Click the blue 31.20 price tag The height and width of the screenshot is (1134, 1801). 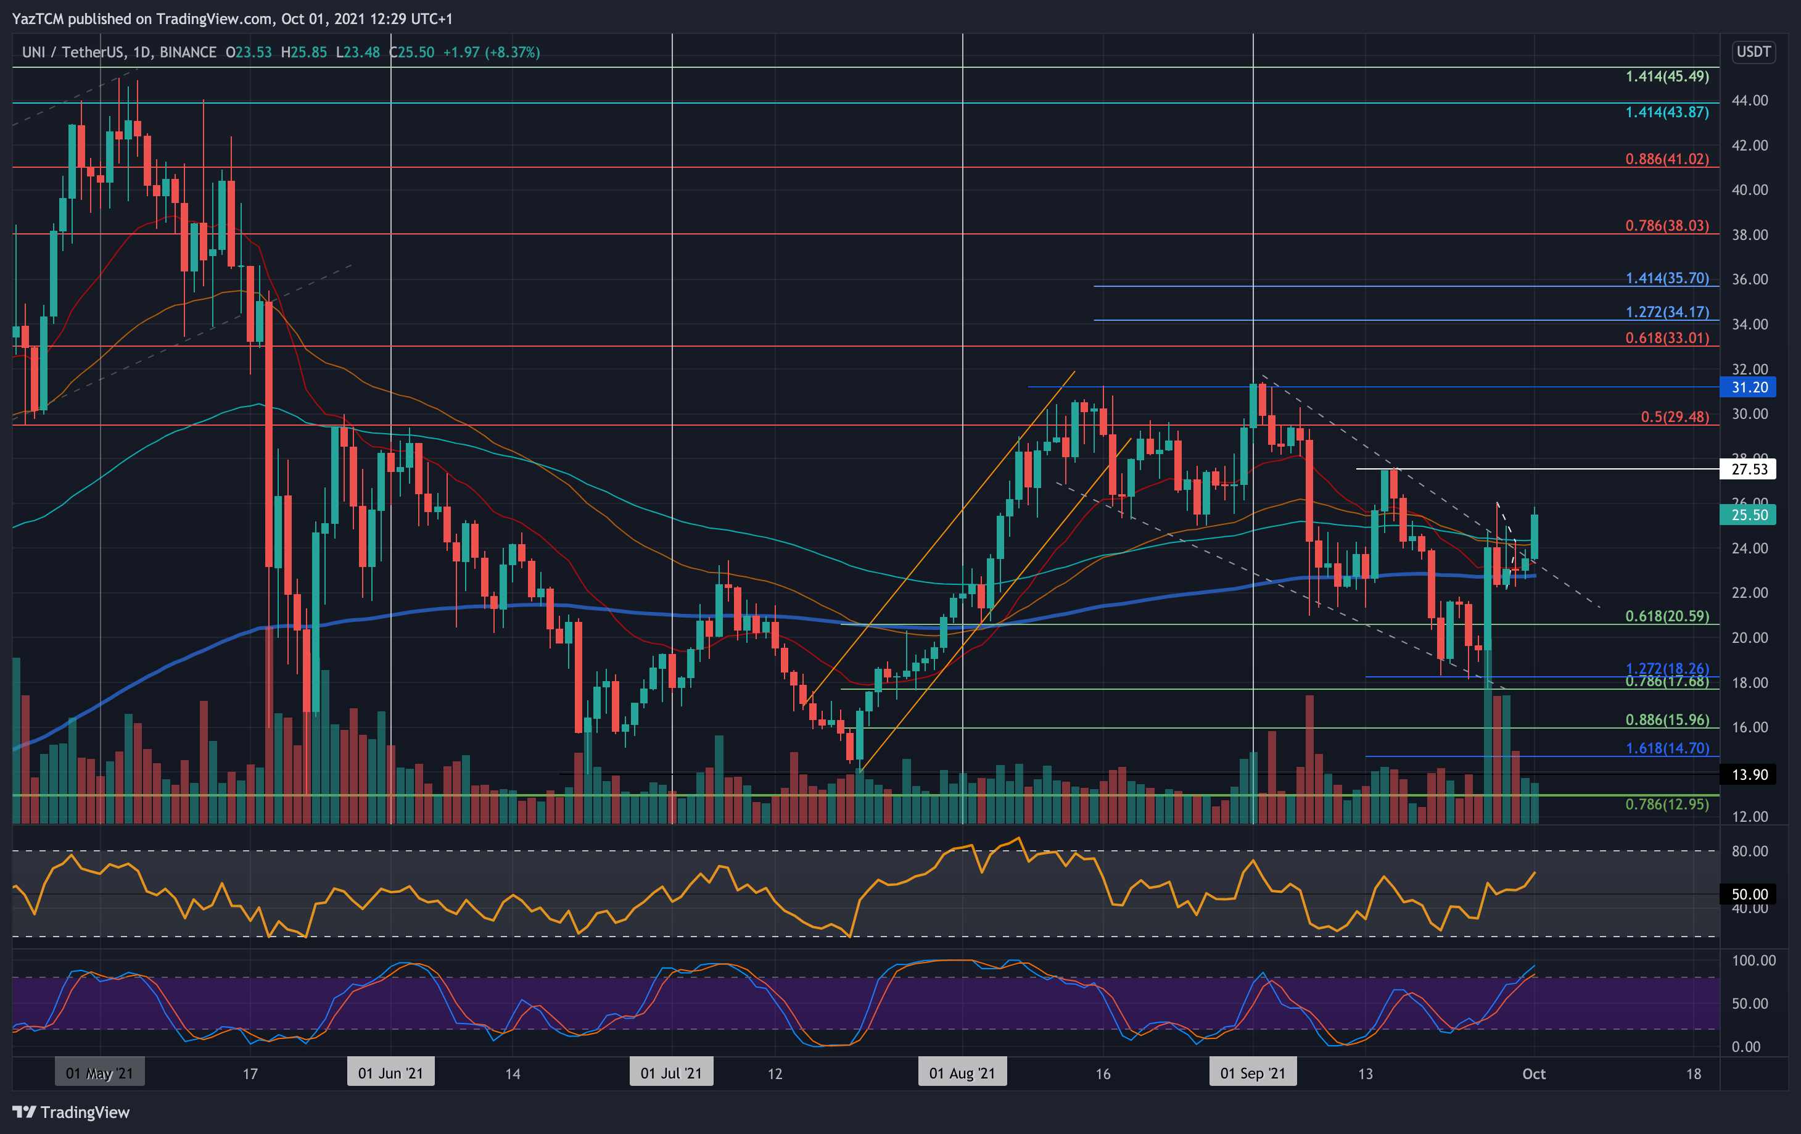pos(1749,387)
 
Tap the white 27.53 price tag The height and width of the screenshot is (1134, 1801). pos(1749,469)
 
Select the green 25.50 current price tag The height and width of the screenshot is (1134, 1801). pos(1749,515)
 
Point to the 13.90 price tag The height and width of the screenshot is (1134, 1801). pos(1749,774)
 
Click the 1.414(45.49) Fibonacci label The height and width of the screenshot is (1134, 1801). pos(1667,77)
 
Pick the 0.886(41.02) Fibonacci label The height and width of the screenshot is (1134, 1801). pos(1667,159)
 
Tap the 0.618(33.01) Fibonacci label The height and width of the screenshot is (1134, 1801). pos(1667,338)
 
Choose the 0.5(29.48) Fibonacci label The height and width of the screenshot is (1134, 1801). pos(1674,416)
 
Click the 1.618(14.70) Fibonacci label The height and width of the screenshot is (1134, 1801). pos(1667,748)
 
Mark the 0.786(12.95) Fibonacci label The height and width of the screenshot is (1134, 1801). pos(1667,804)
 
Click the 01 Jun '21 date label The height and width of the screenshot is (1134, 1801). pos(390,1074)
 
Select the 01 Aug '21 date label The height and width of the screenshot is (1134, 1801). pos(962,1074)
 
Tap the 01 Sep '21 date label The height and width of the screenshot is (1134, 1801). pos(1253,1074)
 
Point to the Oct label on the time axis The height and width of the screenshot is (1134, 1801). pos(1533,1074)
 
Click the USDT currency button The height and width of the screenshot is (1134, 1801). pos(1753,52)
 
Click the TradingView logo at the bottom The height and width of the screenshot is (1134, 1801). pos(71,1112)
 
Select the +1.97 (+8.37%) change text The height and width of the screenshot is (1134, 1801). pos(492,52)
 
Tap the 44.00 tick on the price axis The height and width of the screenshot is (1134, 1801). pos(1749,100)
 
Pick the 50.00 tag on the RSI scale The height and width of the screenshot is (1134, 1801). pos(1749,894)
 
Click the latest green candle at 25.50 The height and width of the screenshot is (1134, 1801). pos(1534,536)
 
